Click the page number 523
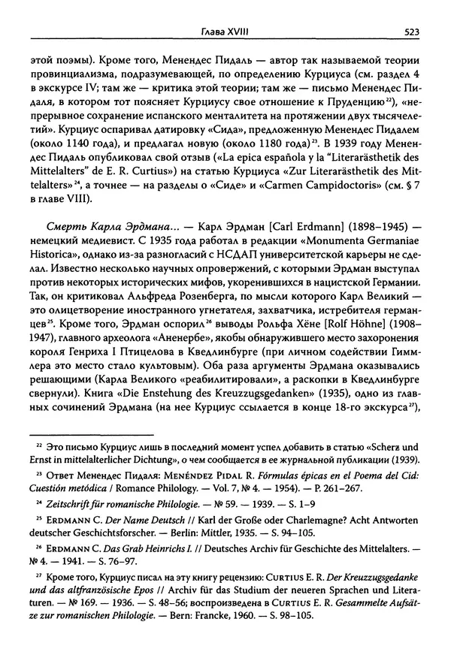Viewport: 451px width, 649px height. [x=410, y=32]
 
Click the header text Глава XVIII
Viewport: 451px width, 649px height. [x=226, y=32]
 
